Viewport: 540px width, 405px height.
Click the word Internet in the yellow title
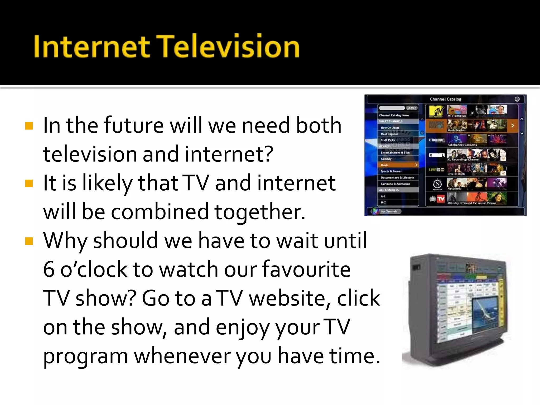coord(91,47)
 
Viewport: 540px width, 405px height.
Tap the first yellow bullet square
coord(29,126)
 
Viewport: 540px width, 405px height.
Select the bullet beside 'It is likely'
coord(29,183)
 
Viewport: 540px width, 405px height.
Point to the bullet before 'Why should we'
coord(29,241)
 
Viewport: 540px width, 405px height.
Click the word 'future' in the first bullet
coord(134,125)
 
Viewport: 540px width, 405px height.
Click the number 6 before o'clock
coord(49,269)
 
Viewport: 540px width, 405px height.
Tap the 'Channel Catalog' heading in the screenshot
coord(445,99)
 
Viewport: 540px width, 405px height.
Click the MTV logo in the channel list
coord(436,111)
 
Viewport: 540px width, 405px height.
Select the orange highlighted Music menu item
coord(398,165)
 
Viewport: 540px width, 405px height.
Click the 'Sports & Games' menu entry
coord(391,171)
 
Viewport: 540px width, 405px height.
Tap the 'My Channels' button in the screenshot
coord(389,211)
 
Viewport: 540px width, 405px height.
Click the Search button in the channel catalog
coord(411,108)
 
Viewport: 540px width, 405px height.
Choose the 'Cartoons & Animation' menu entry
coord(395,184)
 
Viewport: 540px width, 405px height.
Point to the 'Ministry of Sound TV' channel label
coord(471,203)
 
